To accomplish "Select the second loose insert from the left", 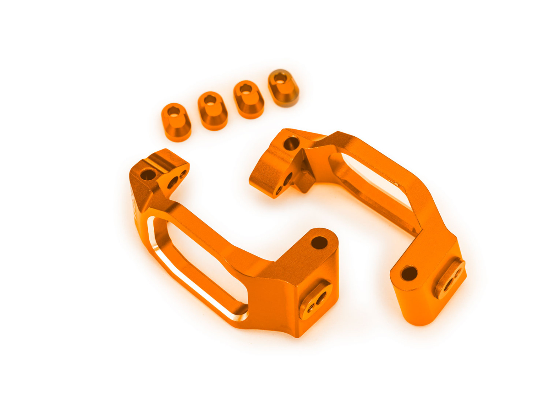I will pyautogui.click(x=213, y=110).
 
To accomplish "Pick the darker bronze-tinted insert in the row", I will pyautogui.click(x=284, y=88).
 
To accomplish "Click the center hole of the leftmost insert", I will pyautogui.click(x=173, y=112).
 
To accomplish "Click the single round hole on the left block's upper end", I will pyautogui.click(x=147, y=175).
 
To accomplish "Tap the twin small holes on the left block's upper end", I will pyautogui.click(x=177, y=179).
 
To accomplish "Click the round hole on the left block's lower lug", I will pyautogui.click(x=319, y=243).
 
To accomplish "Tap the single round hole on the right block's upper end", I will pyautogui.click(x=291, y=143).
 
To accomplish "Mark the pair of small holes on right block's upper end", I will pyautogui.click(x=284, y=184).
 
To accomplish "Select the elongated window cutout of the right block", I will pyautogui.click(x=373, y=188).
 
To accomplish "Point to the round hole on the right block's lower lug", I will pyautogui.click(x=409, y=273).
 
